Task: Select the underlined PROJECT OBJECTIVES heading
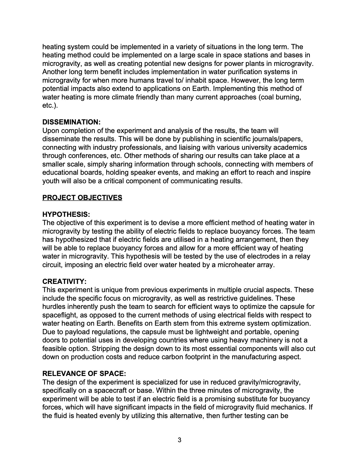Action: click(82, 197)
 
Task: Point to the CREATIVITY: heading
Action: click(64, 282)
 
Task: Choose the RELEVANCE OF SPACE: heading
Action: click(84, 374)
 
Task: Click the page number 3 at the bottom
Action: click(180, 440)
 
